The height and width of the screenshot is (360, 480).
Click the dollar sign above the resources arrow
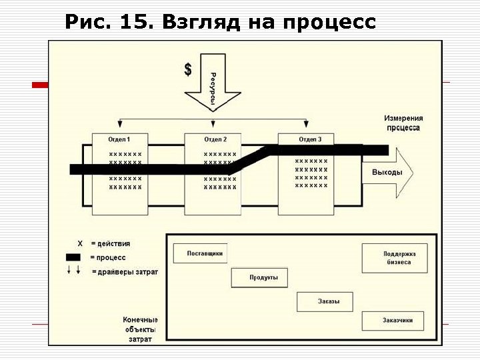click(188, 69)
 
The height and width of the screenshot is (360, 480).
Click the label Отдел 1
click(119, 139)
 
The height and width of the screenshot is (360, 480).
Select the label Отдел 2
click(215, 139)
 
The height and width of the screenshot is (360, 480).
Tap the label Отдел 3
click(311, 139)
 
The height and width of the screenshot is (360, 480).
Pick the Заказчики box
click(397, 321)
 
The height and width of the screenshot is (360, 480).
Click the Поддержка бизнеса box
click(395, 258)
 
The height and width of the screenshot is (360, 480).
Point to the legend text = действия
click(111, 244)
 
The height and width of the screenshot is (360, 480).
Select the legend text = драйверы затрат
click(125, 271)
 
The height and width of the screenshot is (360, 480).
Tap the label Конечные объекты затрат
click(141, 329)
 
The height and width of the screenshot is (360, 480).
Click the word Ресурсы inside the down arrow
click(213, 89)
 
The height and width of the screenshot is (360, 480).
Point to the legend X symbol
click(80, 244)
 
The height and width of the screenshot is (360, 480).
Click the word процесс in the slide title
click(329, 23)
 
